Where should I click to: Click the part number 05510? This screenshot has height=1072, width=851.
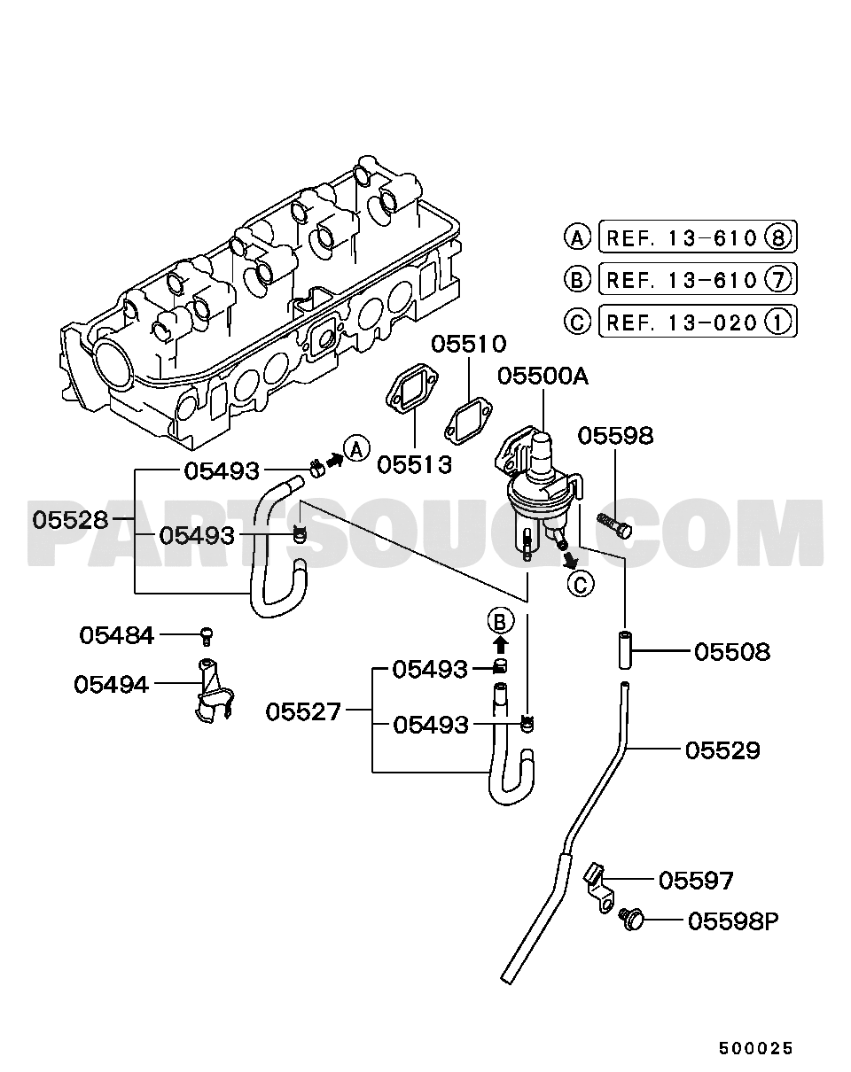(469, 345)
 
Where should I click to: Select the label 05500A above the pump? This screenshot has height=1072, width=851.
(543, 377)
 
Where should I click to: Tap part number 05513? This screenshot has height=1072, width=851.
(414, 465)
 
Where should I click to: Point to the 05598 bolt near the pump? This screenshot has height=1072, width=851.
(614, 525)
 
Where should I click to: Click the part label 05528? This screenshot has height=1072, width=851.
(70, 520)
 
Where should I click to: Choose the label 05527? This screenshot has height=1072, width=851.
(303, 711)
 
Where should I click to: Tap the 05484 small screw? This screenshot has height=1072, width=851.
(207, 636)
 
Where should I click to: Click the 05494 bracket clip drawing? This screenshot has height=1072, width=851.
(215, 691)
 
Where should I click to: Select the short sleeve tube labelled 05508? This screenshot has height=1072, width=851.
(625, 649)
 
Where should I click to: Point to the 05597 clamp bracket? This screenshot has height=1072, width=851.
(598, 894)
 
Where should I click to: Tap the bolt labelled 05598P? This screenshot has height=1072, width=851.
(632, 918)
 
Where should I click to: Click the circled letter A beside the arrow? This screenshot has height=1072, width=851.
(356, 450)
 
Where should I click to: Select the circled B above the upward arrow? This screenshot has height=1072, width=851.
(501, 621)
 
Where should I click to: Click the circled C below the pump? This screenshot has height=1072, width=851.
(581, 584)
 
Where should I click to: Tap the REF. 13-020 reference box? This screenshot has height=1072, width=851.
(698, 322)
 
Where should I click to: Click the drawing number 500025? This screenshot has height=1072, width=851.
(755, 1046)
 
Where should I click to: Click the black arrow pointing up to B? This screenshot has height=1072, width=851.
(501, 646)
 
